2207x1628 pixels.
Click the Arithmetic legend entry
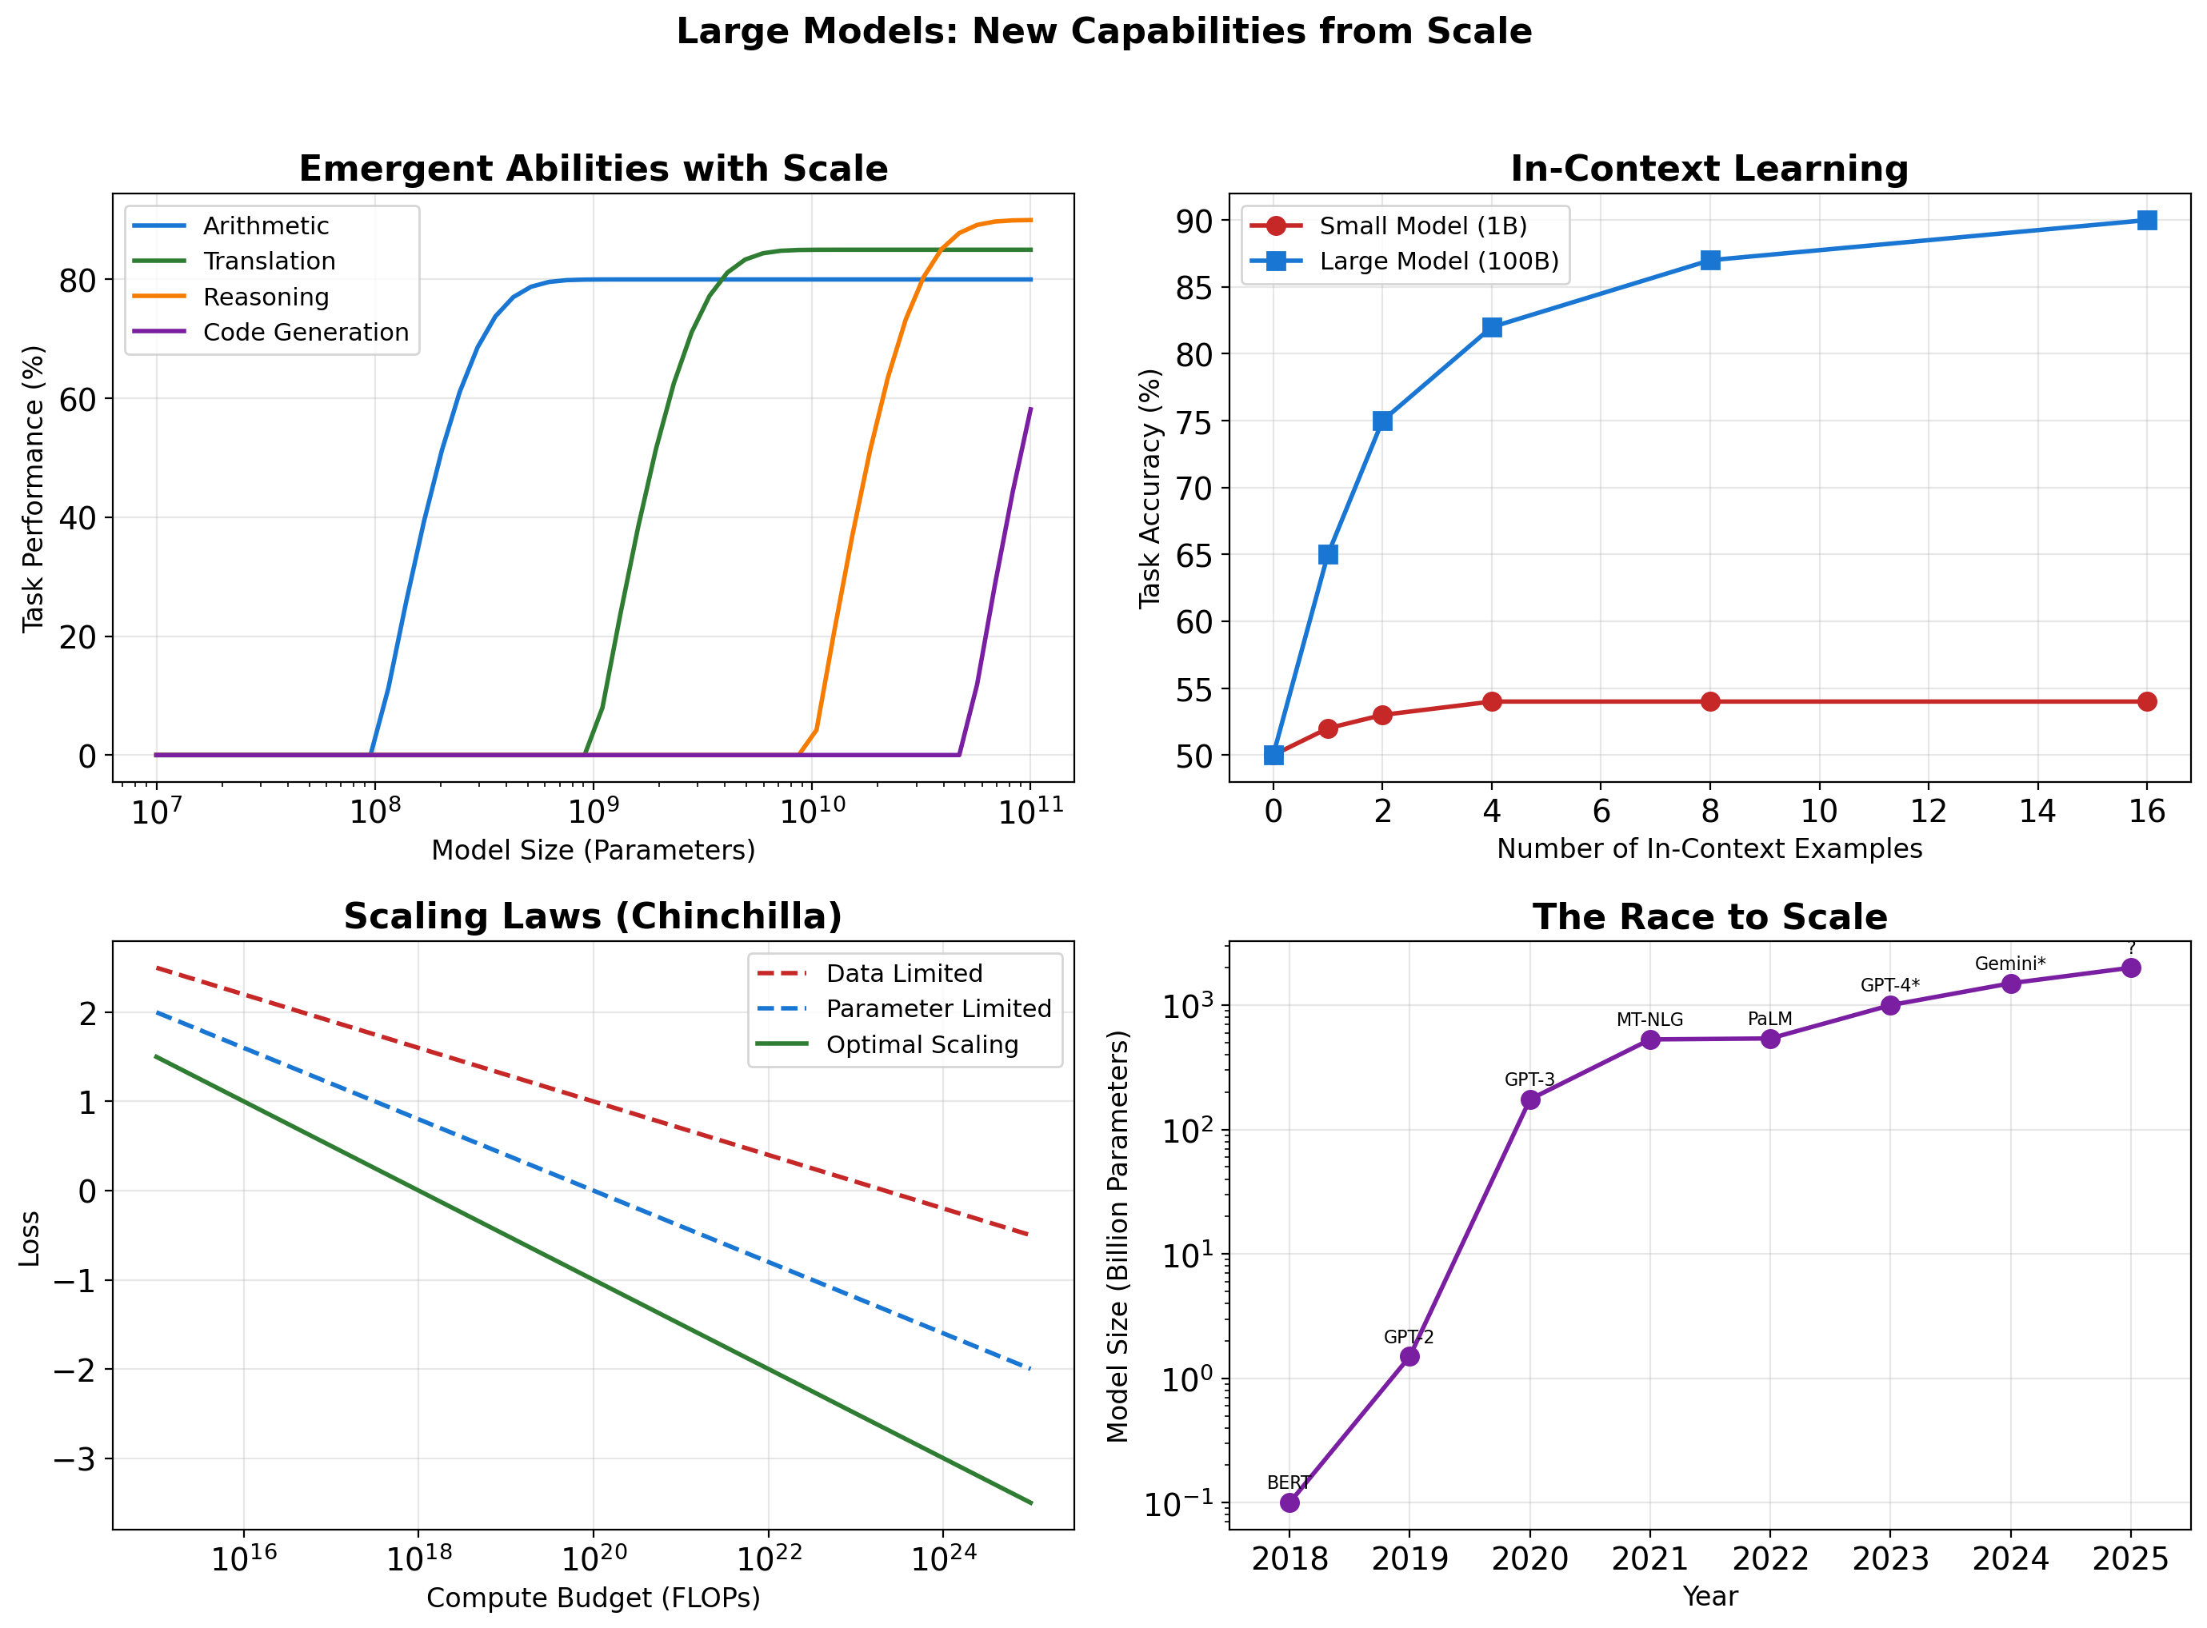click(x=265, y=225)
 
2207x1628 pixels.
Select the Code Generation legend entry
click(x=305, y=332)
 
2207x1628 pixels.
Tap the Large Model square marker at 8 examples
click(x=1710, y=260)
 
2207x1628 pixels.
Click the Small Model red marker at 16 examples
click(x=2147, y=702)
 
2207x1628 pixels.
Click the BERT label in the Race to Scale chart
click(x=1287, y=1483)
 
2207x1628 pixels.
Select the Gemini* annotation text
click(x=2010, y=964)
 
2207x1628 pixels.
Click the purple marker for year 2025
click(x=2131, y=968)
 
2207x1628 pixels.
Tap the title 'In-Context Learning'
click(x=1709, y=169)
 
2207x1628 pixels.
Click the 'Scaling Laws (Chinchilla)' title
click(x=593, y=916)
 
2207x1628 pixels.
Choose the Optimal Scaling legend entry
click(x=921, y=1044)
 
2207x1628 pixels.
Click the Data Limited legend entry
click(x=903, y=974)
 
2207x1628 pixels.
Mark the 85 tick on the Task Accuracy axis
click(x=1193, y=288)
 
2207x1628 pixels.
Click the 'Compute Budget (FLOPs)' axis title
click(x=593, y=1598)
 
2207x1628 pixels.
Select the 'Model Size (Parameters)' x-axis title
click(x=593, y=849)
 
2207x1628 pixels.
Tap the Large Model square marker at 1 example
click(x=1328, y=555)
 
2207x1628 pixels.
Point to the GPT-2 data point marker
click(x=1409, y=1357)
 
